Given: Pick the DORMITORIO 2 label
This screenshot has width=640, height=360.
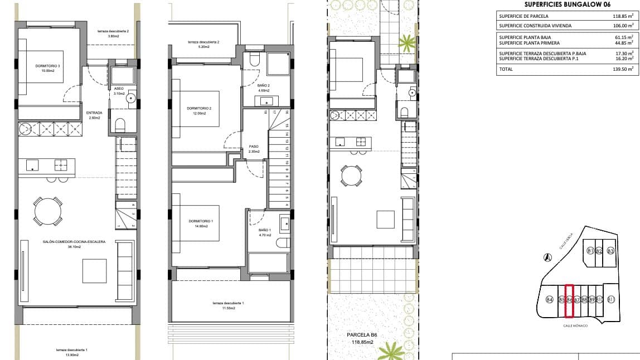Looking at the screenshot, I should (199, 110).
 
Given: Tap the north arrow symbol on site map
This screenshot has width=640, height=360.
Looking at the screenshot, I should (548, 257).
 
